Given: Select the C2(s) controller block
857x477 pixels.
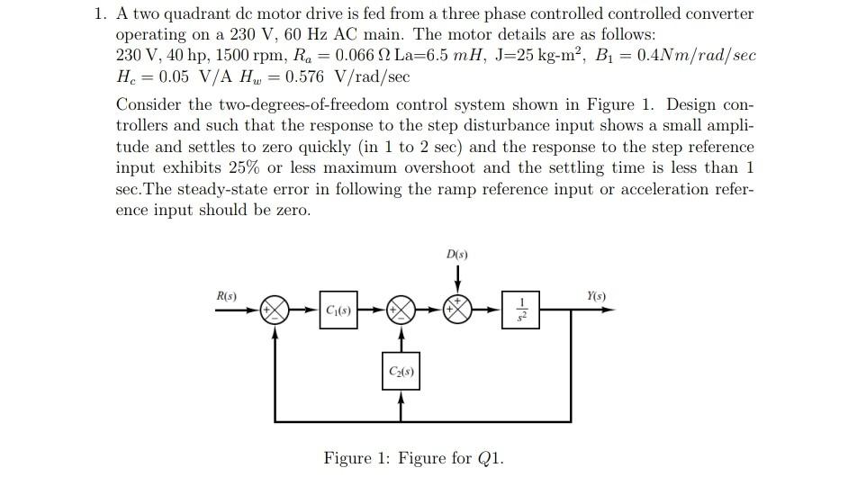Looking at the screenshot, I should pos(401,372).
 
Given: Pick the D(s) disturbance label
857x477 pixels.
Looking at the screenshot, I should pos(456,254).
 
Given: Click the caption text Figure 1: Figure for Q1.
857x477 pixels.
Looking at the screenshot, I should pos(413,458).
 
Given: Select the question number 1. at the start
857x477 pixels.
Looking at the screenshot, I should pos(102,14).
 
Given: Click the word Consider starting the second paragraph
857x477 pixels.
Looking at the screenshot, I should pos(148,103).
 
